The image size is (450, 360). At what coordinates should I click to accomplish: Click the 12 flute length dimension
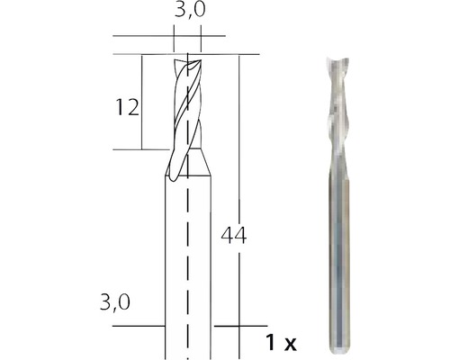127,109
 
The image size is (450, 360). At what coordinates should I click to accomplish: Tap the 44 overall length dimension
233,237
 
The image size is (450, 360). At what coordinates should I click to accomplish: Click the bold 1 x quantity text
282,342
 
